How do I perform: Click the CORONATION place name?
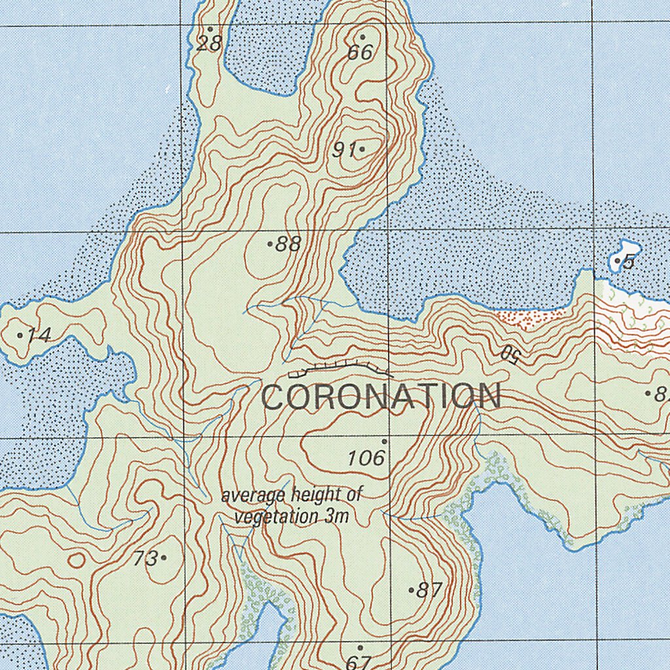coord(382,397)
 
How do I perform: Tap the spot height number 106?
coord(366,458)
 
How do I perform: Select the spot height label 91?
coord(343,150)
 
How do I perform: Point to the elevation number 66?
coord(360,52)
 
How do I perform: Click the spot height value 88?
coord(288,245)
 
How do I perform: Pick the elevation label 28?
coord(209,44)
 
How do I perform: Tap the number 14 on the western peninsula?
coord(39,336)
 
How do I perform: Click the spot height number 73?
coord(145,559)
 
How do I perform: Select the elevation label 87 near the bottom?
coord(429,590)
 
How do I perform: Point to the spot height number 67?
coord(358,662)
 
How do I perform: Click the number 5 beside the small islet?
coord(629,262)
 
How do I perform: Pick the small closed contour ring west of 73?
coord(77,560)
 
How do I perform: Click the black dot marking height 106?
coord(385,442)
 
